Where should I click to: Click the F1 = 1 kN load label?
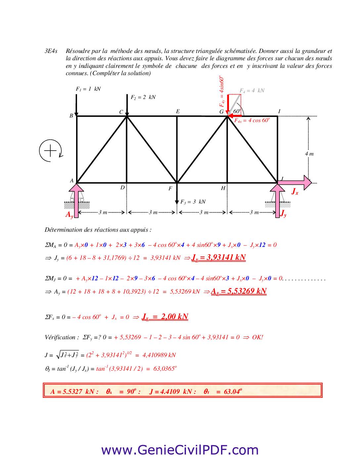88,89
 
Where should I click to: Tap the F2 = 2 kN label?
143,97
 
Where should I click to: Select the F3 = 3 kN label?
193,202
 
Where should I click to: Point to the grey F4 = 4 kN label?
252,91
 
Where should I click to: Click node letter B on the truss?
71,116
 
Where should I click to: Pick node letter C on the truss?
121,112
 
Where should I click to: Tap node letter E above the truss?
178,112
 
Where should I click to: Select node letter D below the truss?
122,188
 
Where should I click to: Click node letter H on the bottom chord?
223,188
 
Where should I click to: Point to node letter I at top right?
279,112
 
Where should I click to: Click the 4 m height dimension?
309,154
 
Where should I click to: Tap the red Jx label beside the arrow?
294,191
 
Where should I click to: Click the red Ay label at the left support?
69,214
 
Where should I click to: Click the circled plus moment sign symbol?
50,151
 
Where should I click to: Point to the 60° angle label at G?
237,112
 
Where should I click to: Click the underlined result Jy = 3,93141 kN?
218,257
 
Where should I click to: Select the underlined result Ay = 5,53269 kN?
239,291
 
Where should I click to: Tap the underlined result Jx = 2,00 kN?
165,317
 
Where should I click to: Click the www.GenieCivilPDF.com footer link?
180,450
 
